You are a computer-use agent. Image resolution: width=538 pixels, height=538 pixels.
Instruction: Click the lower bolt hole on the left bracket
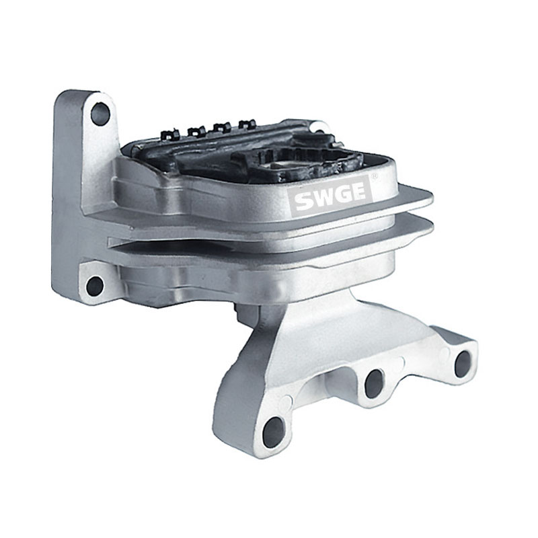pos(94,285)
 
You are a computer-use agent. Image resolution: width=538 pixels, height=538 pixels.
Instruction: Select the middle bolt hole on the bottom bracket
pos(374,384)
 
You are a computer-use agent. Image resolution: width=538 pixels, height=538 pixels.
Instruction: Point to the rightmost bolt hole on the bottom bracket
pos(463,364)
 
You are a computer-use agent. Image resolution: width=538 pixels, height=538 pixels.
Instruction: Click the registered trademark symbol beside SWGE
pos(375,176)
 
